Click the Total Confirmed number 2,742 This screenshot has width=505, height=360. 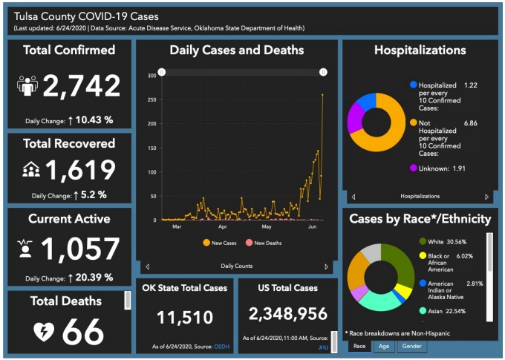pyautogui.click(x=81, y=87)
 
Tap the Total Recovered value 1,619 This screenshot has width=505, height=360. pyautogui.click(x=80, y=171)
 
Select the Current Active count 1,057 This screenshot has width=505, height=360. pyautogui.click(x=80, y=250)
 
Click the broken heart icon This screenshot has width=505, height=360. pyautogui.click(x=44, y=332)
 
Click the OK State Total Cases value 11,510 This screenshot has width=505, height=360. pyautogui.click(x=184, y=318)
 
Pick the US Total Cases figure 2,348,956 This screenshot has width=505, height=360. pyautogui.click(x=288, y=314)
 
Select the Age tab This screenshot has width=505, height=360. pyautogui.click(x=382, y=346)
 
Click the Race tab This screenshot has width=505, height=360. pyautogui.click(x=359, y=346)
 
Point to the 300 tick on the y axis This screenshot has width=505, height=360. pyautogui.click(x=151, y=76)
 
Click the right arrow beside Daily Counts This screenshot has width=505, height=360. pyautogui.click(x=326, y=266)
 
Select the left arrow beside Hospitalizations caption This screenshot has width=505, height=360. pyautogui.click(x=353, y=197)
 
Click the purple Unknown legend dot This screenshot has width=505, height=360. pyautogui.click(x=414, y=168)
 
